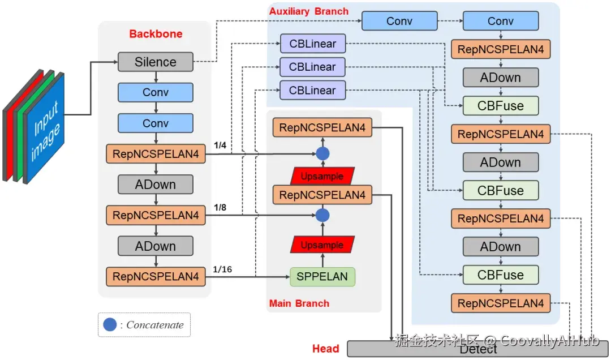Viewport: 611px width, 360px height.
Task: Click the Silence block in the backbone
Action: tap(156, 62)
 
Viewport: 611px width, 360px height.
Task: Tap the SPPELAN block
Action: tap(322, 277)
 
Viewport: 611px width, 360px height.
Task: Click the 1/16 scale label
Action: tap(222, 269)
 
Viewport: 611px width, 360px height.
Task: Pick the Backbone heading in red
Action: tap(156, 34)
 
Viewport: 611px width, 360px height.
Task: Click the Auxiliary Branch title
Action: tap(308, 11)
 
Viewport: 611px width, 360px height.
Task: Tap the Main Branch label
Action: tap(299, 303)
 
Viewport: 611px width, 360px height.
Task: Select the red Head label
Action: tap(325, 349)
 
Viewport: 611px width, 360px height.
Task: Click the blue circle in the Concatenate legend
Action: tap(110, 324)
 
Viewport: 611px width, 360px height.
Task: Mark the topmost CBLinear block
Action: tap(312, 44)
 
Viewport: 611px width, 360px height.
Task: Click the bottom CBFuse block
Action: tap(501, 275)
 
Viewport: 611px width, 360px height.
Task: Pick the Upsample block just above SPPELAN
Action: tap(322, 245)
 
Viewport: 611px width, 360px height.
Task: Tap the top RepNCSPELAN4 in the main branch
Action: tap(322, 127)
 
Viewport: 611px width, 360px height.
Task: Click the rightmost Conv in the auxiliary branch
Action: tap(501, 22)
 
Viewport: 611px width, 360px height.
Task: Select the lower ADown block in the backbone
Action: tap(156, 246)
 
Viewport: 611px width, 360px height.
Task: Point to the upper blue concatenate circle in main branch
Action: tap(322, 153)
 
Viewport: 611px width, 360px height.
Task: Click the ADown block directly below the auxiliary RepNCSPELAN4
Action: tap(501, 78)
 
